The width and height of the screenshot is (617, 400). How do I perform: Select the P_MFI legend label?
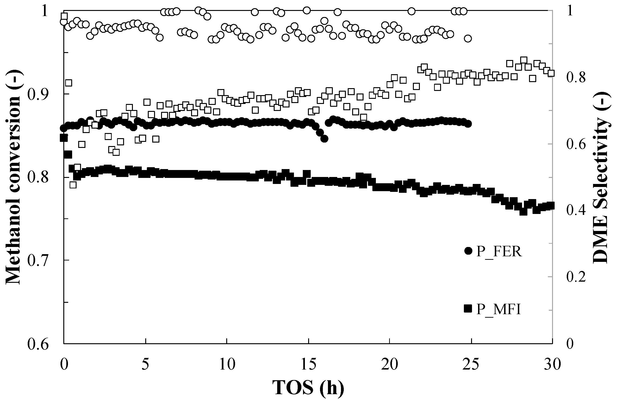pyautogui.click(x=499, y=309)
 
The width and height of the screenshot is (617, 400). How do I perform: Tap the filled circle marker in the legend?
pyautogui.click(x=468, y=251)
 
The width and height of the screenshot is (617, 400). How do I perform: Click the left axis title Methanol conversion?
pyautogui.click(x=13, y=177)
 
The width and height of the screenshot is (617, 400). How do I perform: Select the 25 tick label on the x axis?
pyautogui.click(x=471, y=364)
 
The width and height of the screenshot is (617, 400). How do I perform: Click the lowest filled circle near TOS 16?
pyautogui.click(x=324, y=139)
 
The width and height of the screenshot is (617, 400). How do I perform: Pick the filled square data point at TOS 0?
pyautogui.click(x=64, y=138)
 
